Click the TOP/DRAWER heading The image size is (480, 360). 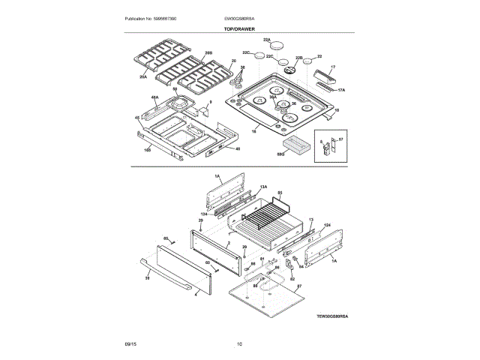239,28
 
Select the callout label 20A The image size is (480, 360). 142,76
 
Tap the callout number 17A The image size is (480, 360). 341,90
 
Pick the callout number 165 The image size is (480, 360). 147,151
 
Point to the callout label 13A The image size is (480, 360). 263,186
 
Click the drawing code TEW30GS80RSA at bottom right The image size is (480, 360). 331,317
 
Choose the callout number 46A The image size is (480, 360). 154,97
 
